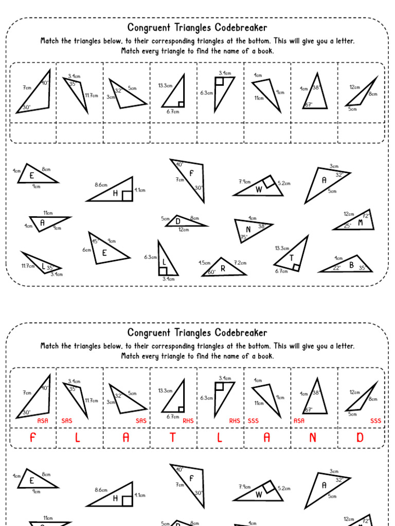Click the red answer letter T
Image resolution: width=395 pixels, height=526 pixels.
pos(173,438)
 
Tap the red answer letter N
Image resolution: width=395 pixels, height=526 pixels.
pos(313,438)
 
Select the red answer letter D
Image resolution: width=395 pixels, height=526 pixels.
pos(360,438)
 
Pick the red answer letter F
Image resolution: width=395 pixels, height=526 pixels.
pos(33,438)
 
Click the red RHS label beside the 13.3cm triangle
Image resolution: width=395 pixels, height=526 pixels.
pos(188,420)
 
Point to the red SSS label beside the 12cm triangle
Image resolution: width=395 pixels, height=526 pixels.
pos(376,420)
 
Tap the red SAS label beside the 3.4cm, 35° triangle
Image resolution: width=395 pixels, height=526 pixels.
pos(67,420)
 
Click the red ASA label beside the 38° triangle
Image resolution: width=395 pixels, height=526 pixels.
pos(299,420)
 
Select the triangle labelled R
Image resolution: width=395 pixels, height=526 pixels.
pos(223,268)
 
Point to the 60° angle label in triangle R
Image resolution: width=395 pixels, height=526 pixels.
pos(211,272)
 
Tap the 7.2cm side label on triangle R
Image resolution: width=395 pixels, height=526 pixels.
pos(240,262)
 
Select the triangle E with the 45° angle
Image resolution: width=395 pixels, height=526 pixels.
pos(105,251)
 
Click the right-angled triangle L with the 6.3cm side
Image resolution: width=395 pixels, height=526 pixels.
pos(166,262)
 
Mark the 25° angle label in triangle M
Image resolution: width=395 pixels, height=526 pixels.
pos(348,226)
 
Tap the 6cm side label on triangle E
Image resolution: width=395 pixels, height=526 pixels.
pos(86,250)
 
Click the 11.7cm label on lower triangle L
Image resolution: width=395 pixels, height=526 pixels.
pos(28,266)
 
